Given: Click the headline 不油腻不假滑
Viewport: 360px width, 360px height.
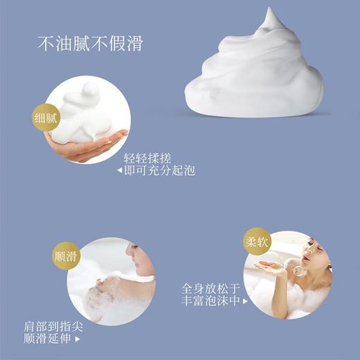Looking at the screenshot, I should coord(90,43).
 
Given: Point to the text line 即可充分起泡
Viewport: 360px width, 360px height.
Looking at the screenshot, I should coord(159,169).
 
